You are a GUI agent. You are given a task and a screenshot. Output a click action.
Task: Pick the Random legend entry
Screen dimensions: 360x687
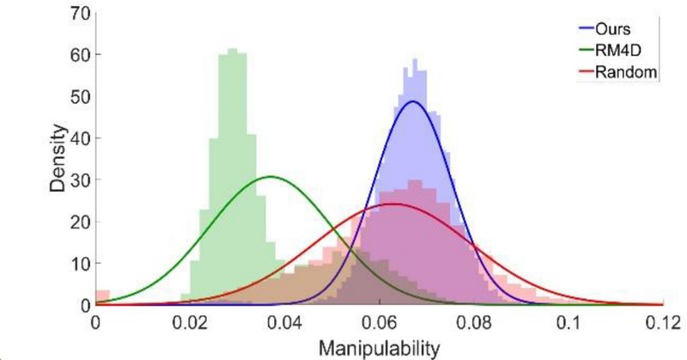coord(632,73)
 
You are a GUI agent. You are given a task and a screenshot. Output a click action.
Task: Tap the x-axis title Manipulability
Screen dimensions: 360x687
coord(379,347)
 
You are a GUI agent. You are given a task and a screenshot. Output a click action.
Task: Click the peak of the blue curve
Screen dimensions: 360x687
coord(413,101)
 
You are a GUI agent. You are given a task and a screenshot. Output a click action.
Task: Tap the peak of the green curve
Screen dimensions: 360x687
coord(271,177)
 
